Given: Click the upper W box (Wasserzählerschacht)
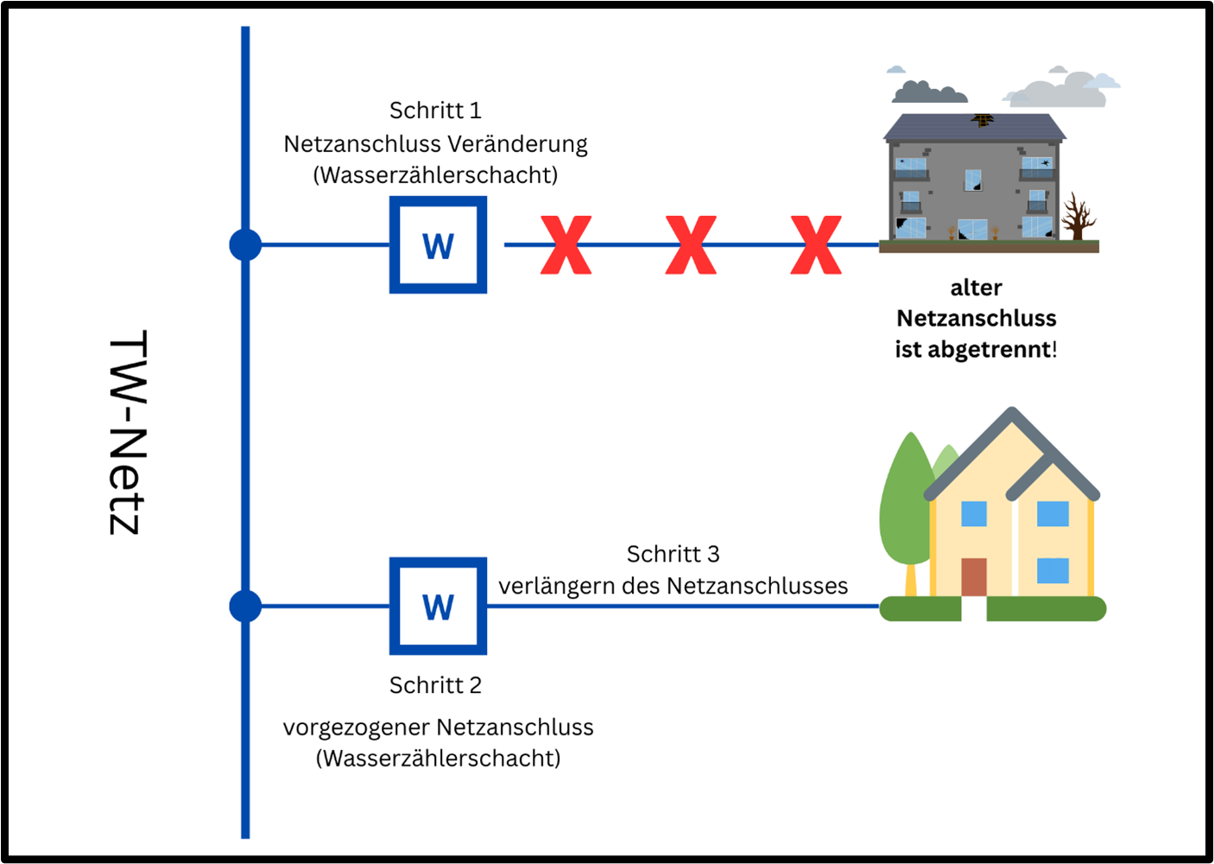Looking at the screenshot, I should point(438,245).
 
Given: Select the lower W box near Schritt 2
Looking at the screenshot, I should point(438,606).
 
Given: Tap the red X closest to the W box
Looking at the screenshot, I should point(566,245).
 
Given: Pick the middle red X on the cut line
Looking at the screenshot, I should point(691,245).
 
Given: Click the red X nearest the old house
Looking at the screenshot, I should point(816,245).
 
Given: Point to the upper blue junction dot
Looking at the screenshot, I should point(245,245).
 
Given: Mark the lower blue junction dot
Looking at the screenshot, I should point(245,606).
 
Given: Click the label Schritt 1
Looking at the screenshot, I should point(435,111).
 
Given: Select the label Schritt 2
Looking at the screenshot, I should point(435,685).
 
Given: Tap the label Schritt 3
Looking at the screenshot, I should point(673,554).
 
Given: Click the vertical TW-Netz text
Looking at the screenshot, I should point(128,432).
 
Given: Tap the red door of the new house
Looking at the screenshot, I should point(973,576).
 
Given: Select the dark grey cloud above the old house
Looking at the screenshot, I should point(928,91).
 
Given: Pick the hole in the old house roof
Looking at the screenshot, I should point(983,119).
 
